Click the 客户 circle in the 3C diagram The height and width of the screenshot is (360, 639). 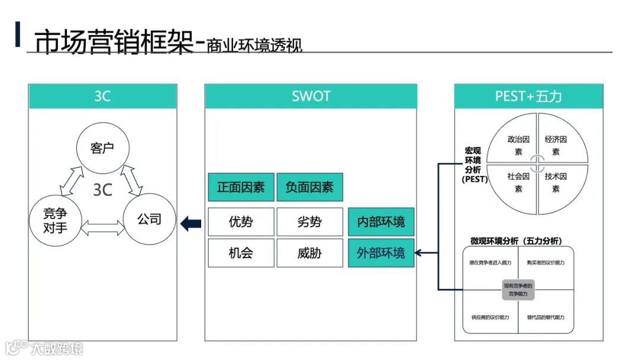[x=102, y=148]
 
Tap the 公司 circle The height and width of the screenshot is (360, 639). [x=149, y=219]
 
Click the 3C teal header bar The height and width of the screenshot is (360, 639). [x=102, y=96]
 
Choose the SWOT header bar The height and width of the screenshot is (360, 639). [x=311, y=96]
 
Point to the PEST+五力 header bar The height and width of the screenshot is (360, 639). [x=528, y=96]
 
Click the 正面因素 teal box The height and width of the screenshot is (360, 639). [x=241, y=187]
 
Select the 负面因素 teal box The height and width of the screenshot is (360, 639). [x=309, y=187]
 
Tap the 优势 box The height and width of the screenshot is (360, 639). [x=241, y=222]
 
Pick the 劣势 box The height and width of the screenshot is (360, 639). [x=309, y=222]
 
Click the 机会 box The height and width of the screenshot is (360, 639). [x=241, y=253]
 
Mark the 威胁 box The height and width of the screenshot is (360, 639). [x=309, y=253]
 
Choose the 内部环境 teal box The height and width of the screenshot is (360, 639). [x=381, y=222]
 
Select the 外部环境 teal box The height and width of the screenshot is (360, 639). [x=381, y=253]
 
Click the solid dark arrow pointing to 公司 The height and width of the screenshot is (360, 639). [x=191, y=224]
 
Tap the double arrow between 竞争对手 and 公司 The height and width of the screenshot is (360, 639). [x=102, y=226]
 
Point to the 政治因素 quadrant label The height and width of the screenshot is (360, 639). [x=518, y=146]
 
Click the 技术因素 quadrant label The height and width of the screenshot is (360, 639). [x=556, y=182]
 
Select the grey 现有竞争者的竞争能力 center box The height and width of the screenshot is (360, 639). [x=518, y=290]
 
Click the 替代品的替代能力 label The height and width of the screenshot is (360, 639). [x=546, y=317]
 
